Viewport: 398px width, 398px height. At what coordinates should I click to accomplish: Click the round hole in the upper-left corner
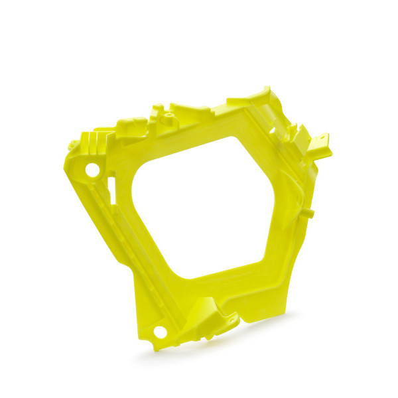[x=92, y=170]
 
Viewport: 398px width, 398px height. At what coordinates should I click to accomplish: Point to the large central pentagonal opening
[x=206, y=206]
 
